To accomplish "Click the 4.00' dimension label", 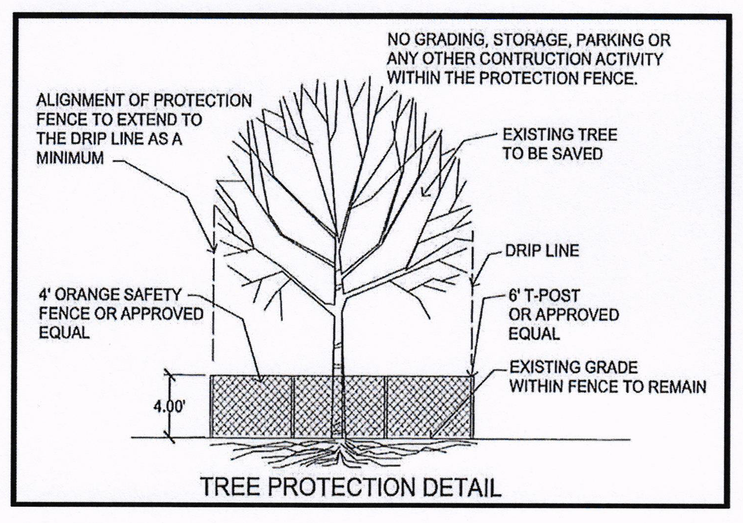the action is tap(168, 407).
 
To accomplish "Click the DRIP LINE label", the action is tap(542, 251).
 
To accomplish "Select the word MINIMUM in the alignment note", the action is tap(70, 158).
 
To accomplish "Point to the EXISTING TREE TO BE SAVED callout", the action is tap(560, 144).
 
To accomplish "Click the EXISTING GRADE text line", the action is tap(573, 367).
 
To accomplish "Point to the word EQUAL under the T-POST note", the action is tap(534, 333).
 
